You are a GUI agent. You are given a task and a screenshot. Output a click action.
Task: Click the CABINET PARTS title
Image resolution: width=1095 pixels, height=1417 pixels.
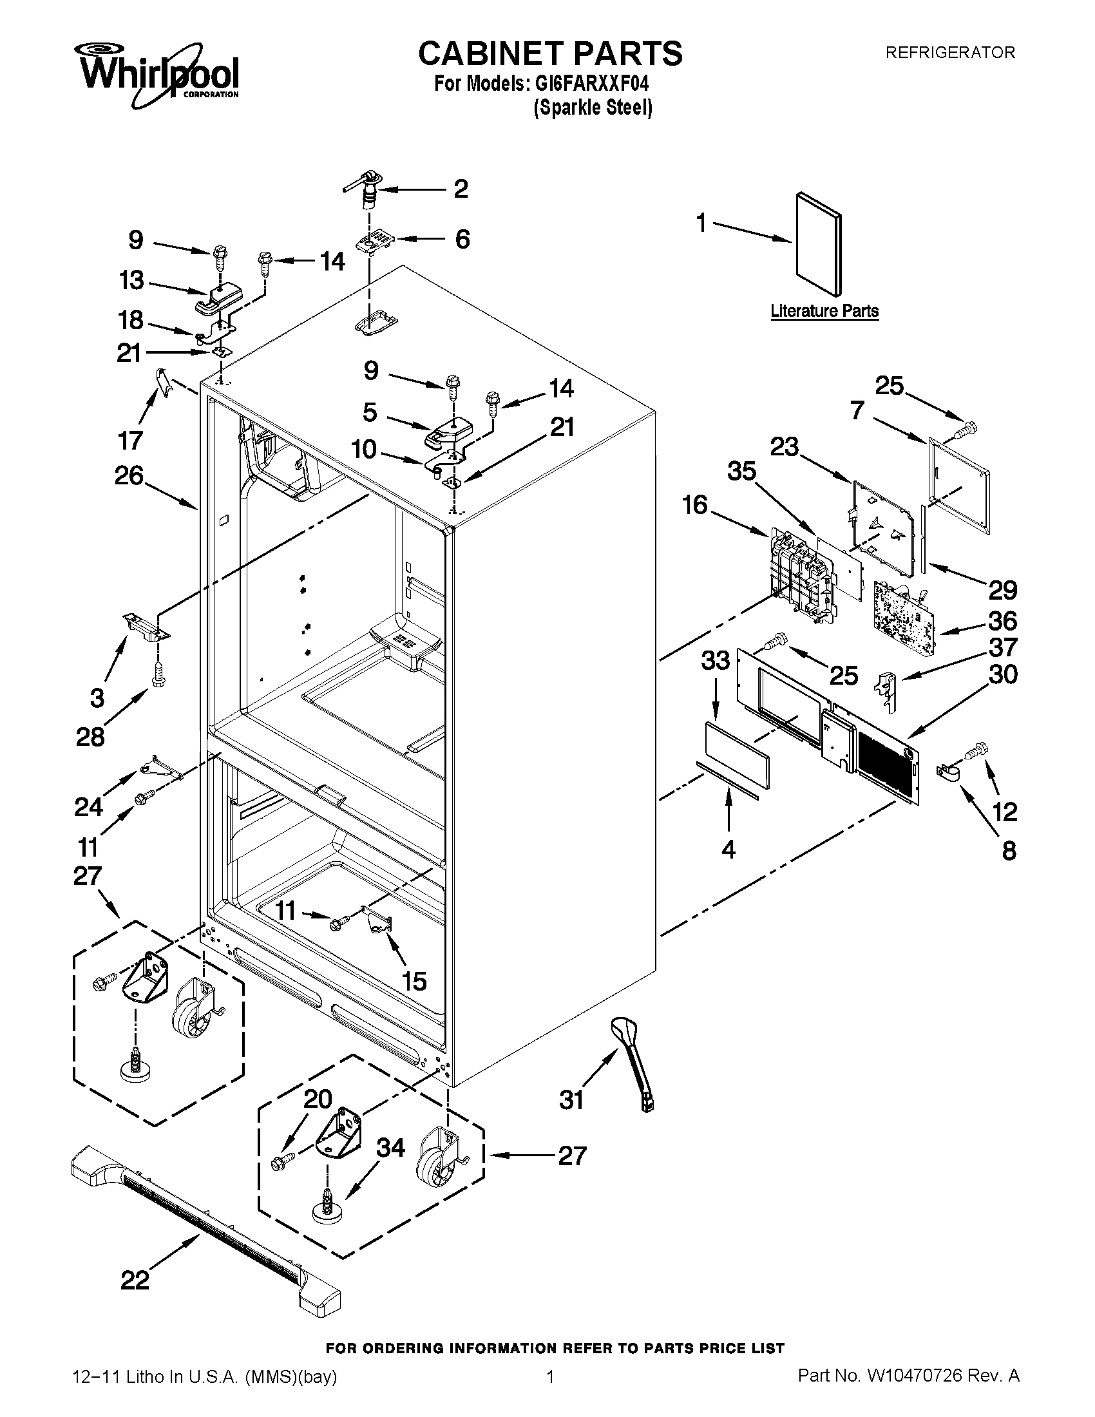pos(550,53)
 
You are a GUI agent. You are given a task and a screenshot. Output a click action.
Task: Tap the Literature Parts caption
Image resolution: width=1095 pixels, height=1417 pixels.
pos(824,311)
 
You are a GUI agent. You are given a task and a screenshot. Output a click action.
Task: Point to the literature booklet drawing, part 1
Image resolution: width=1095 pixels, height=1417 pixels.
pos(819,243)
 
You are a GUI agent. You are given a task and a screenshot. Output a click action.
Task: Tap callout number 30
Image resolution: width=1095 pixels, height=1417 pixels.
pos(1003,675)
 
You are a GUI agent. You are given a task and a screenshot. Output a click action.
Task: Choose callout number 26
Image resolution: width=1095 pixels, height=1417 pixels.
pos(128,475)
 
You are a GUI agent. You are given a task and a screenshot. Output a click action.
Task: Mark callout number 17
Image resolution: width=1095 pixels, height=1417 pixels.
pos(129,441)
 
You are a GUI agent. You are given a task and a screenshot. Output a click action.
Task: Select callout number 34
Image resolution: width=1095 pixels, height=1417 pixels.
pos(391,1147)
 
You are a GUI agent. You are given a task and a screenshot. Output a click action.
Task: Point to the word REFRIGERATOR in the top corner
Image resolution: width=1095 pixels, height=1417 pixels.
pos(950,53)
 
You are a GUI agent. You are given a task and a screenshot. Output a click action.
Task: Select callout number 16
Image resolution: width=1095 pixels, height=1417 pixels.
pos(695,504)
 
